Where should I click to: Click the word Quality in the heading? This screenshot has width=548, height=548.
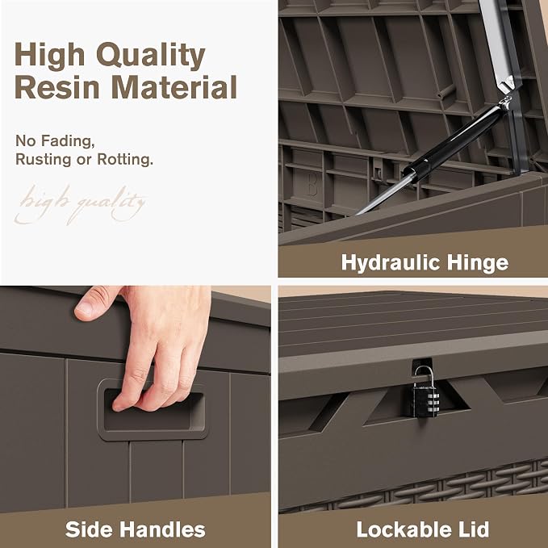click(x=151, y=56)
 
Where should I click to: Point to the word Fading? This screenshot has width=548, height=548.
click(x=68, y=141)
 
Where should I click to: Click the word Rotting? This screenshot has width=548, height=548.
click(x=125, y=159)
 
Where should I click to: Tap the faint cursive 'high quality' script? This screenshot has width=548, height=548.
click(x=81, y=204)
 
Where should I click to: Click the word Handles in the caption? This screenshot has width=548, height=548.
click(x=165, y=529)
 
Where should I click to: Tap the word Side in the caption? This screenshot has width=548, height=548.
click(x=91, y=529)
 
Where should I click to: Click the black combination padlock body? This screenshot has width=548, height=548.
click(x=425, y=400)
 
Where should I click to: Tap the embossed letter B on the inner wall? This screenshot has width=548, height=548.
click(x=312, y=187)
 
